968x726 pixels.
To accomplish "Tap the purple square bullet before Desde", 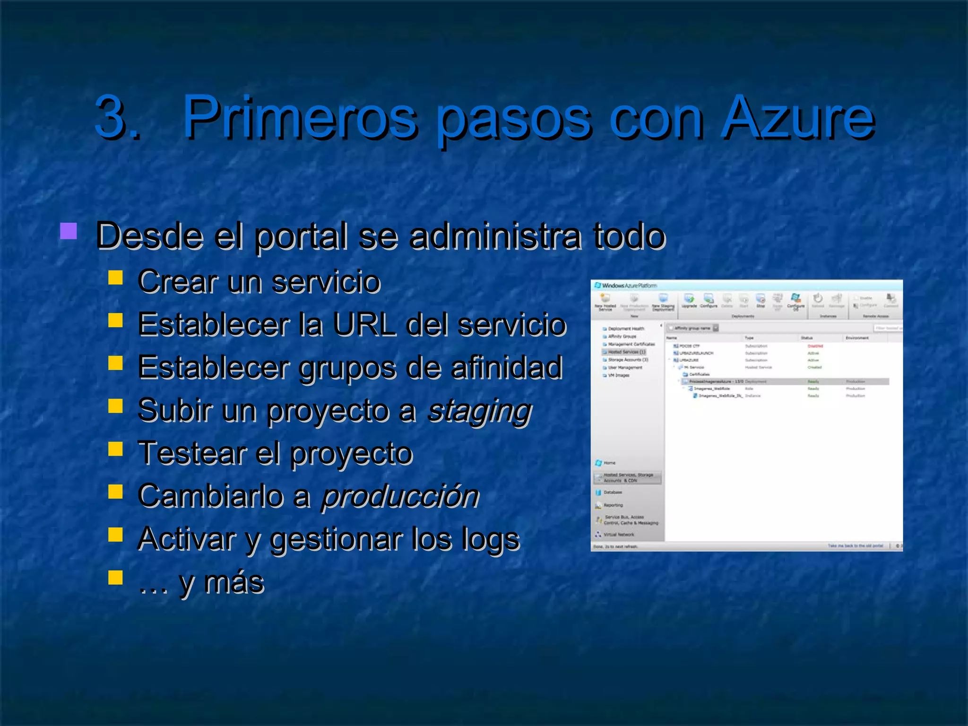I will click(69, 231).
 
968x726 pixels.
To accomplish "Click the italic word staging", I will click(479, 410).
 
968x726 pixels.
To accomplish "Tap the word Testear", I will click(191, 453).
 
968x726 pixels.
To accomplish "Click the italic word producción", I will click(400, 496).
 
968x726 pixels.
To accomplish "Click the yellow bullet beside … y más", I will click(115, 577).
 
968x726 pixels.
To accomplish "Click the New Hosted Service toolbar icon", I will click(605, 301).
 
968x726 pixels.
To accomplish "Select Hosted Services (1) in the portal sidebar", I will click(626, 352).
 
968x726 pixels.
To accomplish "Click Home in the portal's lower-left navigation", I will click(609, 463).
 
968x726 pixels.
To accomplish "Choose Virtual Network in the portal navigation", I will click(618, 535).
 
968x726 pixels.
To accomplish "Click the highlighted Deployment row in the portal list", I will click(785, 381).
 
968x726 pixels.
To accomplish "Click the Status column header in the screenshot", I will click(806, 338).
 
